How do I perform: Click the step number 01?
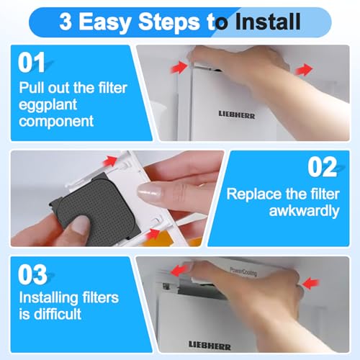pos(32,63)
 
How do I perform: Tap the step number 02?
pos(323,167)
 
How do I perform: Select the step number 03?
pos(32,274)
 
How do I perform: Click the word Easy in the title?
pos(104,22)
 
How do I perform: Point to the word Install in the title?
pos(268,22)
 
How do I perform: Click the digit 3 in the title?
pos(66,22)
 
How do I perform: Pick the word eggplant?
pos(48,105)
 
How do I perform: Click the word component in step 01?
pos(56,121)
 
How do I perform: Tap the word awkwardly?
pos(304,211)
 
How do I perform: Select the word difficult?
pos(58,314)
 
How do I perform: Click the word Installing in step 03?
pos(49,298)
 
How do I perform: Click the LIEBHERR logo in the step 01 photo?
pos(237,114)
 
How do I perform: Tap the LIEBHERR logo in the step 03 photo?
pos(210,346)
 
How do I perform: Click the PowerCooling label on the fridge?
pos(243,271)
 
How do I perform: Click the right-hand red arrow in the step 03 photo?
pos(311,284)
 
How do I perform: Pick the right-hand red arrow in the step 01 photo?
pos(304,70)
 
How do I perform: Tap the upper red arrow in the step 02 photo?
pos(110,161)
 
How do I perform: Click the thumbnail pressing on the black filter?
pos(81,225)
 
